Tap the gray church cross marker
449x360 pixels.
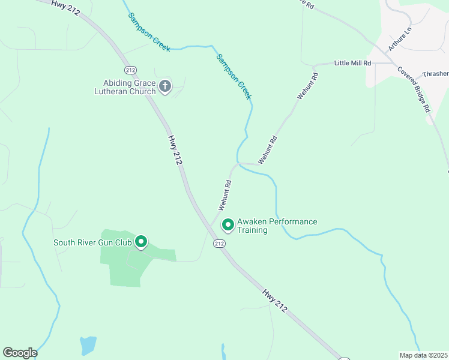165,86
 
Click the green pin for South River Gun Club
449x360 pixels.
141,241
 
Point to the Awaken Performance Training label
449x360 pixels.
277,226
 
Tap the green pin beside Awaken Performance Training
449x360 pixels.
228,225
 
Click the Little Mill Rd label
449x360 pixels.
352,63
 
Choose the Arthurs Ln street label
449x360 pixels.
400,38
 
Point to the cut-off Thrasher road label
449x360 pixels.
435,74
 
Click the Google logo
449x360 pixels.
20,353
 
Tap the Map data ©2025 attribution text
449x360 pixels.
423,355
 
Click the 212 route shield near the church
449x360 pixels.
131,69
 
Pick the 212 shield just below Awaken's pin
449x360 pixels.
219,244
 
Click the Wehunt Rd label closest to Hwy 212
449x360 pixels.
225,196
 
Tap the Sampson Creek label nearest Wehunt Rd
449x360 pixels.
234,77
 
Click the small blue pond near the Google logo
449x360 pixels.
88,344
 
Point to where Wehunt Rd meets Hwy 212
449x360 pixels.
209,226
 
